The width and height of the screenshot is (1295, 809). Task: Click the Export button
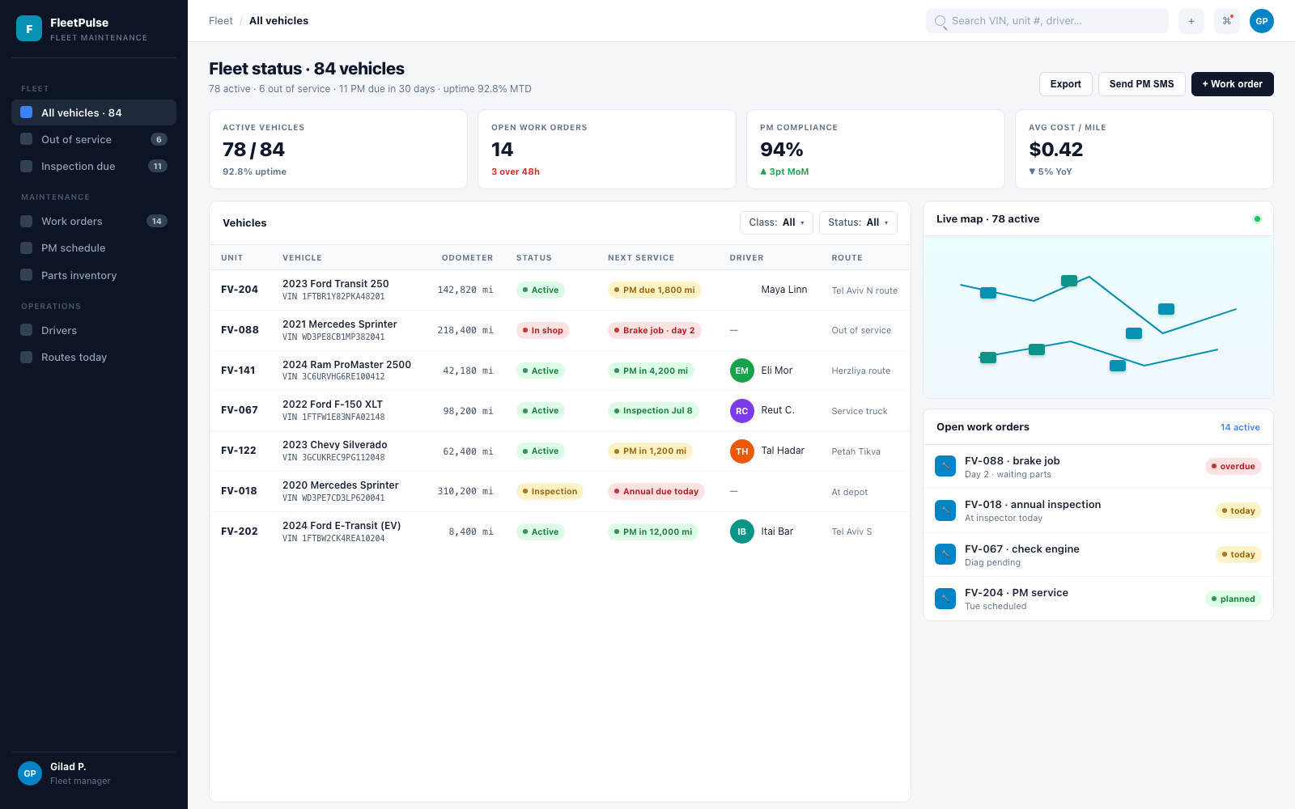tap(1065, 84)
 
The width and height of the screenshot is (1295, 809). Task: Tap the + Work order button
tap(1232, 84)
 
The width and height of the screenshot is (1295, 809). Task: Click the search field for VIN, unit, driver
tap(1047, 21)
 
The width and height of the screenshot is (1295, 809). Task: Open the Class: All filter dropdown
tap(776, 222)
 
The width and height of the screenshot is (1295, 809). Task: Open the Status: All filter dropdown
tap(858, 222)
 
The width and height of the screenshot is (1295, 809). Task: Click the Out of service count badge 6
tap(159, 139)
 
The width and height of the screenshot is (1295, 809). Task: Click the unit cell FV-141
tap(238, 371)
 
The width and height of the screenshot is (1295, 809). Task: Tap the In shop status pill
tap(542, 330)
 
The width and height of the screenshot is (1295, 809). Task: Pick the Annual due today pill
tap(656, 491)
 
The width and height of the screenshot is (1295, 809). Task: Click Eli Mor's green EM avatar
tap(741, 371)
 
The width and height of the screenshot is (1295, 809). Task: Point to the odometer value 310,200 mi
tap(465, 491)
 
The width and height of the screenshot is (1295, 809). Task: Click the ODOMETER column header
tap(467, 258)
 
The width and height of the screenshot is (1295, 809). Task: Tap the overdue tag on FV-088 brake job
tap(1233, 466)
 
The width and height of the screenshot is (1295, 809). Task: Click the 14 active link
tap(1239, 427)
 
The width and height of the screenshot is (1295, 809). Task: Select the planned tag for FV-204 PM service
tap(1233, 599)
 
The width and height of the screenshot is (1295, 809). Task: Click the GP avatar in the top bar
tap(1262, 21)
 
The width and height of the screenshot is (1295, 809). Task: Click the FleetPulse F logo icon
tap(29, 28)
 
